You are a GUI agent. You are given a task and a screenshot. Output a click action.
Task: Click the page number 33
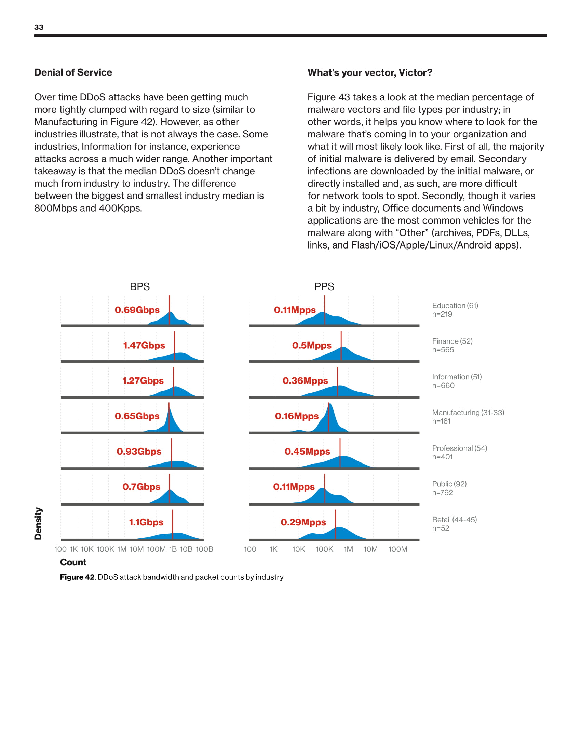click(39, 27)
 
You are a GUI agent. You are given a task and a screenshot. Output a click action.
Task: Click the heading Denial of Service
click(73, 72)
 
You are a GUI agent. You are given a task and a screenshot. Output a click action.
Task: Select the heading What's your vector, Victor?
click(370, 72)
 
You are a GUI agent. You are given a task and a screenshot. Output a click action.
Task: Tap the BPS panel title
click(139, 286)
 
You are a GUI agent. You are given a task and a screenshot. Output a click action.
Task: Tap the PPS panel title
click(324, 286)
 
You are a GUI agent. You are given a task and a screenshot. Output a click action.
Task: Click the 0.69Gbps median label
click(137, 310)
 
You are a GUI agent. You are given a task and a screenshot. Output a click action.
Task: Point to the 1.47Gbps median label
click(144, 345)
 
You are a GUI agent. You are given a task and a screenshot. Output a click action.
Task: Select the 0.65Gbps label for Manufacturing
click(137, 416)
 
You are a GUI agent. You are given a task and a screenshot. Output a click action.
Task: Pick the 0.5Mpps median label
click(311, 345)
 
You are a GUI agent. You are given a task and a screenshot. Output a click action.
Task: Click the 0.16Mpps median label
click(297, 416)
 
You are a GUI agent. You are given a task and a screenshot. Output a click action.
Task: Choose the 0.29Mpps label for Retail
click(303, 522)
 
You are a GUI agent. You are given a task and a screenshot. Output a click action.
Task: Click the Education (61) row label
click(455, 305)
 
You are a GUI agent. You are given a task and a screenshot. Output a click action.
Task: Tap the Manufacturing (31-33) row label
click(468, 413)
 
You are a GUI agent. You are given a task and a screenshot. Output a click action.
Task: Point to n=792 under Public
click(443, 492)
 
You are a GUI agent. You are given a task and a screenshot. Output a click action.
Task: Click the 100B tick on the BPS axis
click(204, 549)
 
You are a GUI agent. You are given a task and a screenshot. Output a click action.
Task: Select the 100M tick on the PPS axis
click(397, 549)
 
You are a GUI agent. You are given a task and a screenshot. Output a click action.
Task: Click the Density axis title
click(38, 523)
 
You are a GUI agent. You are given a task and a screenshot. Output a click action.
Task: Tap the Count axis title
click(73, 562)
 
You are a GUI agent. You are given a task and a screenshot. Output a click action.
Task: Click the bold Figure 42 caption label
click(77, 577)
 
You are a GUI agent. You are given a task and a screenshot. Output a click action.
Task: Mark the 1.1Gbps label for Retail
click(146, 522)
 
